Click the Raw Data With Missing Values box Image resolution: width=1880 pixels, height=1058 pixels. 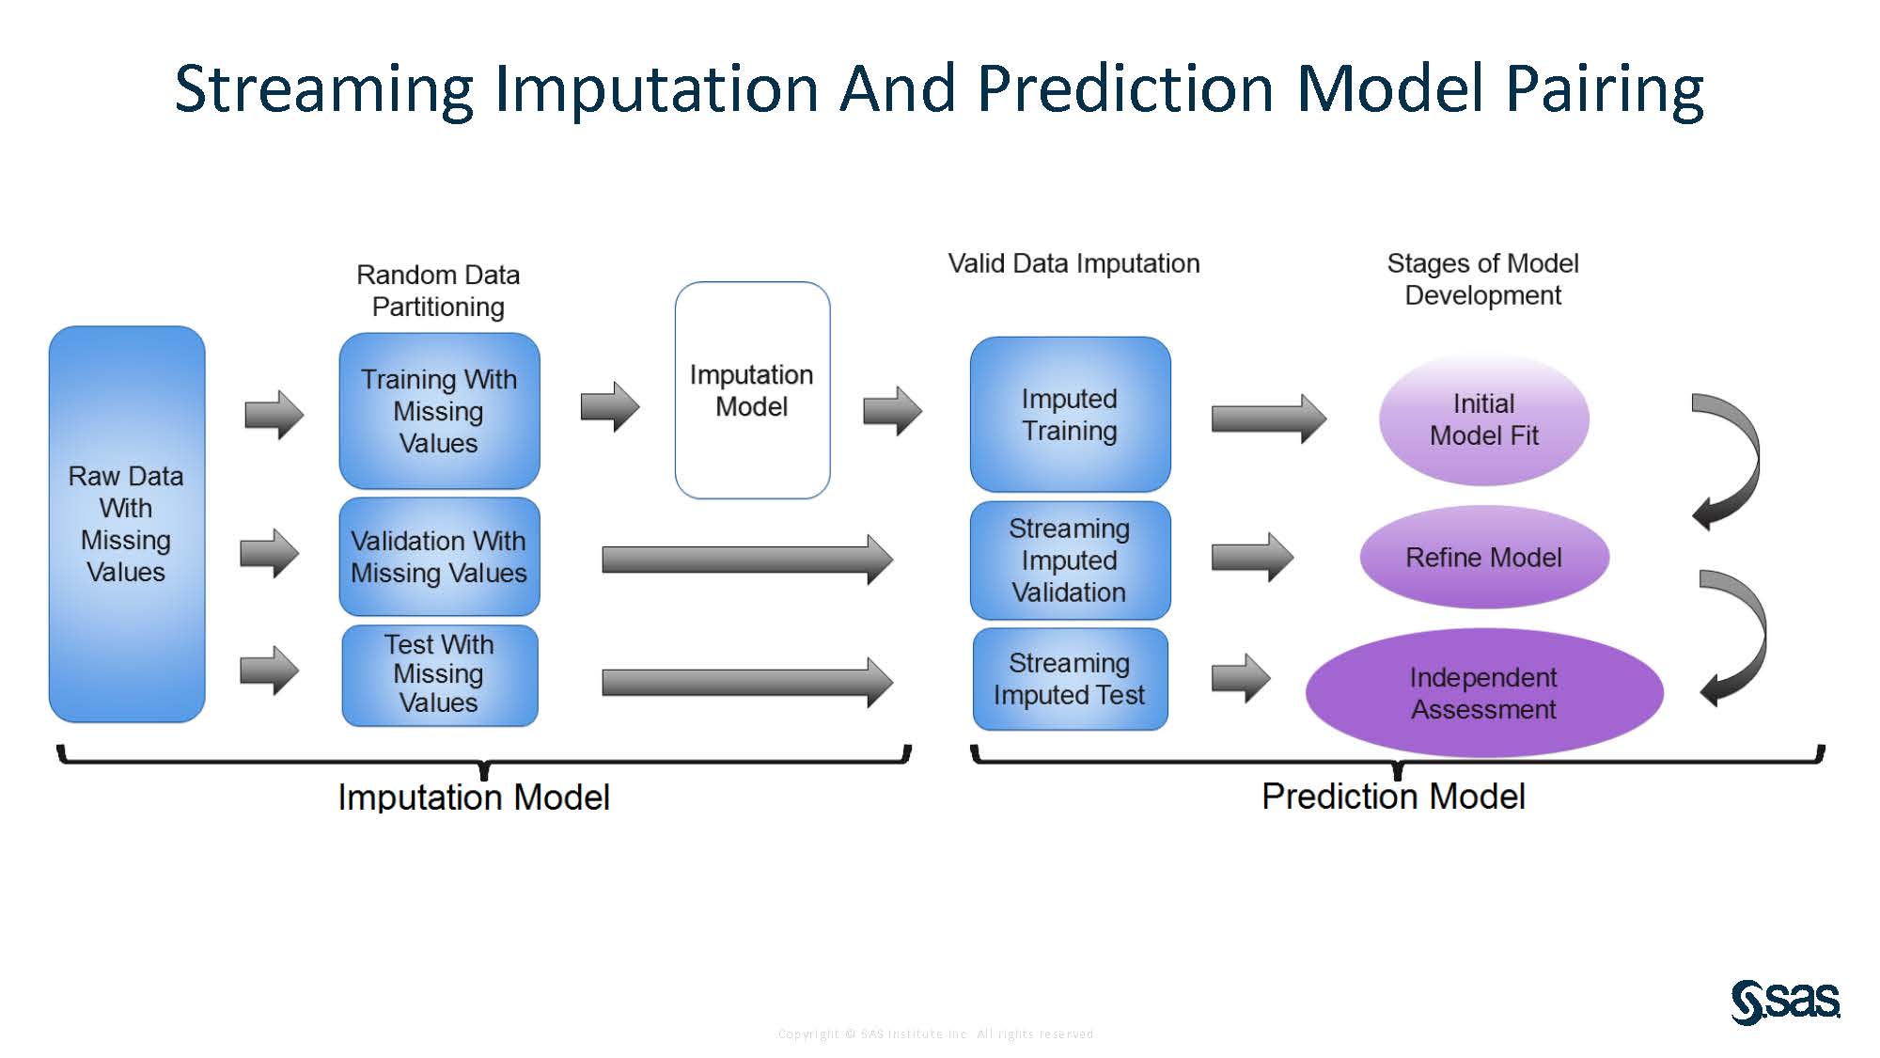(x=127, y=524)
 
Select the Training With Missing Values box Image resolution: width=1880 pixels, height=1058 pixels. (x=439, y=411)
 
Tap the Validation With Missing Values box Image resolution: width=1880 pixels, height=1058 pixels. (x=439, y=557)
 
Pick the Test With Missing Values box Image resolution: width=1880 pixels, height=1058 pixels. (x=439, y=674)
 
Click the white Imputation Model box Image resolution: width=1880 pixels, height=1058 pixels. (x=752, y=390)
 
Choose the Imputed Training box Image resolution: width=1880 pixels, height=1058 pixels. (x=1070, y=415)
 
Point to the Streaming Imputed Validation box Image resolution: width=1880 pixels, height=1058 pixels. (x=1070, y=561)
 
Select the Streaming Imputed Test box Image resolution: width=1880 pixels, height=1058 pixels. (x=1070, y=679)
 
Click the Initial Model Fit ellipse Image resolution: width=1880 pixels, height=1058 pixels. (x=1483, y=419)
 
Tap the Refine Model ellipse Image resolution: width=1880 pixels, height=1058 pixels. (x=1483, y=558)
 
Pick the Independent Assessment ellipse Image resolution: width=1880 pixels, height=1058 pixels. (x=1483, y=693)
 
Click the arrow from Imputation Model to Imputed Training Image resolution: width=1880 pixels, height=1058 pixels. (x=892, y=411)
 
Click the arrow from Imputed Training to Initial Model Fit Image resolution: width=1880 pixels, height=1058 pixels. (x=1268, y=418)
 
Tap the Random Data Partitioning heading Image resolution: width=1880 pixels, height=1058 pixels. (x=438, y=291)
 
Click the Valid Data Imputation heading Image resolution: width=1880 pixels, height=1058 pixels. (x=1073, y=263)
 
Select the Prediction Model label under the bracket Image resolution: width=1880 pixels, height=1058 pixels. (x=1392, y=797)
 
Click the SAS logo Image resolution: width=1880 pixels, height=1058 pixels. (x=1784, y=1002)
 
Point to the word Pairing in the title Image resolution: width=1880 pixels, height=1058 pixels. (x=1604, y=89)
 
